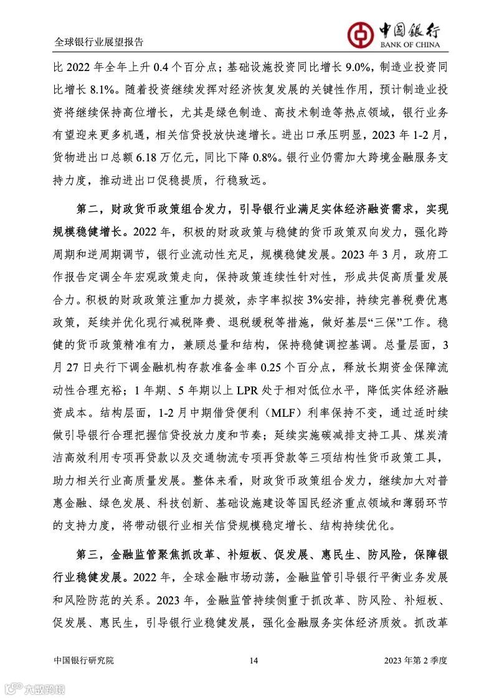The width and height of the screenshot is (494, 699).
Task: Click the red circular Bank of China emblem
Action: click(x=358, y=29)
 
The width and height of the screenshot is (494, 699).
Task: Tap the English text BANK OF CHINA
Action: click(x=411, y=44)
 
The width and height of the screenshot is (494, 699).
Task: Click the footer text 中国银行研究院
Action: click(x=84, y=660)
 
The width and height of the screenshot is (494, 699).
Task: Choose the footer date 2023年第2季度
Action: click(x=416, y=660)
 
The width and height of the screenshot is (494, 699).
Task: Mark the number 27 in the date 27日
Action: click(x=75, y=368)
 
